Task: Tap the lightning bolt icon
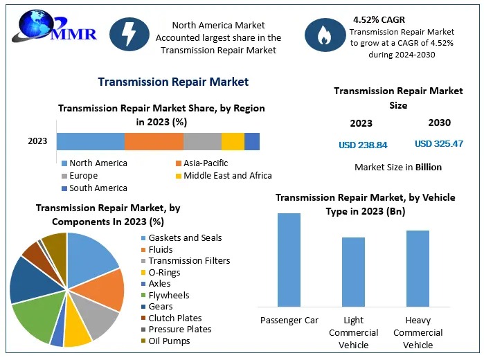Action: (129, 35)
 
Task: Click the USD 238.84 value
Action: (363, 144)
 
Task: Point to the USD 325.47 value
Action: (439, 143)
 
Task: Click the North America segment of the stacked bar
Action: (91, 141)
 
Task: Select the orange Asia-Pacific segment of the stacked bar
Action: (154, 141)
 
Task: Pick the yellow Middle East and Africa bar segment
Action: (233, 141)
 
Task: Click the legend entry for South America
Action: (98, 188)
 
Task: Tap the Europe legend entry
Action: (83, 176)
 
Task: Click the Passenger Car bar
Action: (289, 260)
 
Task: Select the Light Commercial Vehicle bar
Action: (353, 271)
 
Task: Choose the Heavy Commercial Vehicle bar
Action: (418, 268)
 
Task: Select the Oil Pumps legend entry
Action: (170, 341)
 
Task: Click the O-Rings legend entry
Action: (164, 272)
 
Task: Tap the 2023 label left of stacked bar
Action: (37, 141)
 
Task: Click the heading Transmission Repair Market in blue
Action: (173, 82)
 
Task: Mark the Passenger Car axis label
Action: (289, 321)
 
